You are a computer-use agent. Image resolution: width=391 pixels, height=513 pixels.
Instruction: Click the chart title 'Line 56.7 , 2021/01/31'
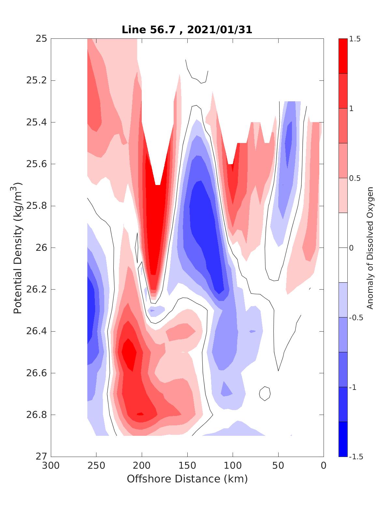pyautogui.click(x=187, y=30)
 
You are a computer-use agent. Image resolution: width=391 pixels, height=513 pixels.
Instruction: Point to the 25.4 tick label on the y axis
pyautogui.click(x=36, y=122)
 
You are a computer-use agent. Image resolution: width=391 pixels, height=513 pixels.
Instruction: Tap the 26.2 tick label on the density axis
pyautogui.click(x=36, y=290)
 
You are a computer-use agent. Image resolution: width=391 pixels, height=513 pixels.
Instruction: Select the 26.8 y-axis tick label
pyautogui.click(x=36, y=415)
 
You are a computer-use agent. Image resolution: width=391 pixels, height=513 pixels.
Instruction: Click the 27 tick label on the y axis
pyautogui.click(x=41, y=457)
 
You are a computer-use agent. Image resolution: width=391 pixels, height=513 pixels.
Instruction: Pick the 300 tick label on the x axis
pyautogui.click(x=51, y=466)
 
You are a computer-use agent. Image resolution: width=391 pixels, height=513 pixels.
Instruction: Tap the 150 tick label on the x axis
pyautogui.click(x=187, y=466)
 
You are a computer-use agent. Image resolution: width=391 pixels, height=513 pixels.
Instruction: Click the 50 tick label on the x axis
pyautogui.click(x=278, y=466)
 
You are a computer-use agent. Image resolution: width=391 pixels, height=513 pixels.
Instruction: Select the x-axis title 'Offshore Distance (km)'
pyautogui.click(x=187, y=479)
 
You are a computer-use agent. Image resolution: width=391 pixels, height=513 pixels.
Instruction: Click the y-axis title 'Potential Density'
pyautogui.click(x=18, y=248)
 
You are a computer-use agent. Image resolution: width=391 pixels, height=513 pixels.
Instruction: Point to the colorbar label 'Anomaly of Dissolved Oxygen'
pyautogui.click(x=369, y=248)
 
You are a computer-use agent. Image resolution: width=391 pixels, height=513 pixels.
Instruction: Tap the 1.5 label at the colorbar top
pyautogui.click(x=355, y=39)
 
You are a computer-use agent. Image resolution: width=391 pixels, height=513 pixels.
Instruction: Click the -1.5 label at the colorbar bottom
pyautogui.click(x=356, y=457)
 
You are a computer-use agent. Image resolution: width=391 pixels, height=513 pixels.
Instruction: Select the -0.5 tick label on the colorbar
pyautogui.click(x=356, y=318)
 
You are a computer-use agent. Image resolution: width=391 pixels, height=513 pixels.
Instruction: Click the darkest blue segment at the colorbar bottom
pyautogui.click(x=343, y=439)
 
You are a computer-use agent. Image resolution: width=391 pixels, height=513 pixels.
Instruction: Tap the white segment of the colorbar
pyautogui.click(x=343, y=248)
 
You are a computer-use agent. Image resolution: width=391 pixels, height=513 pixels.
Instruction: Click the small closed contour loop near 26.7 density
pyautogui.click(x=265, y=393)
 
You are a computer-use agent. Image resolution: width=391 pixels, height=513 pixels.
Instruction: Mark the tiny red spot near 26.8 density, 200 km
pyautogui.click(x=140, y=414)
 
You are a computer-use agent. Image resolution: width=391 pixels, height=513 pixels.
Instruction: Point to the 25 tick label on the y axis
pyautogui.click(x=41, y=39)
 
